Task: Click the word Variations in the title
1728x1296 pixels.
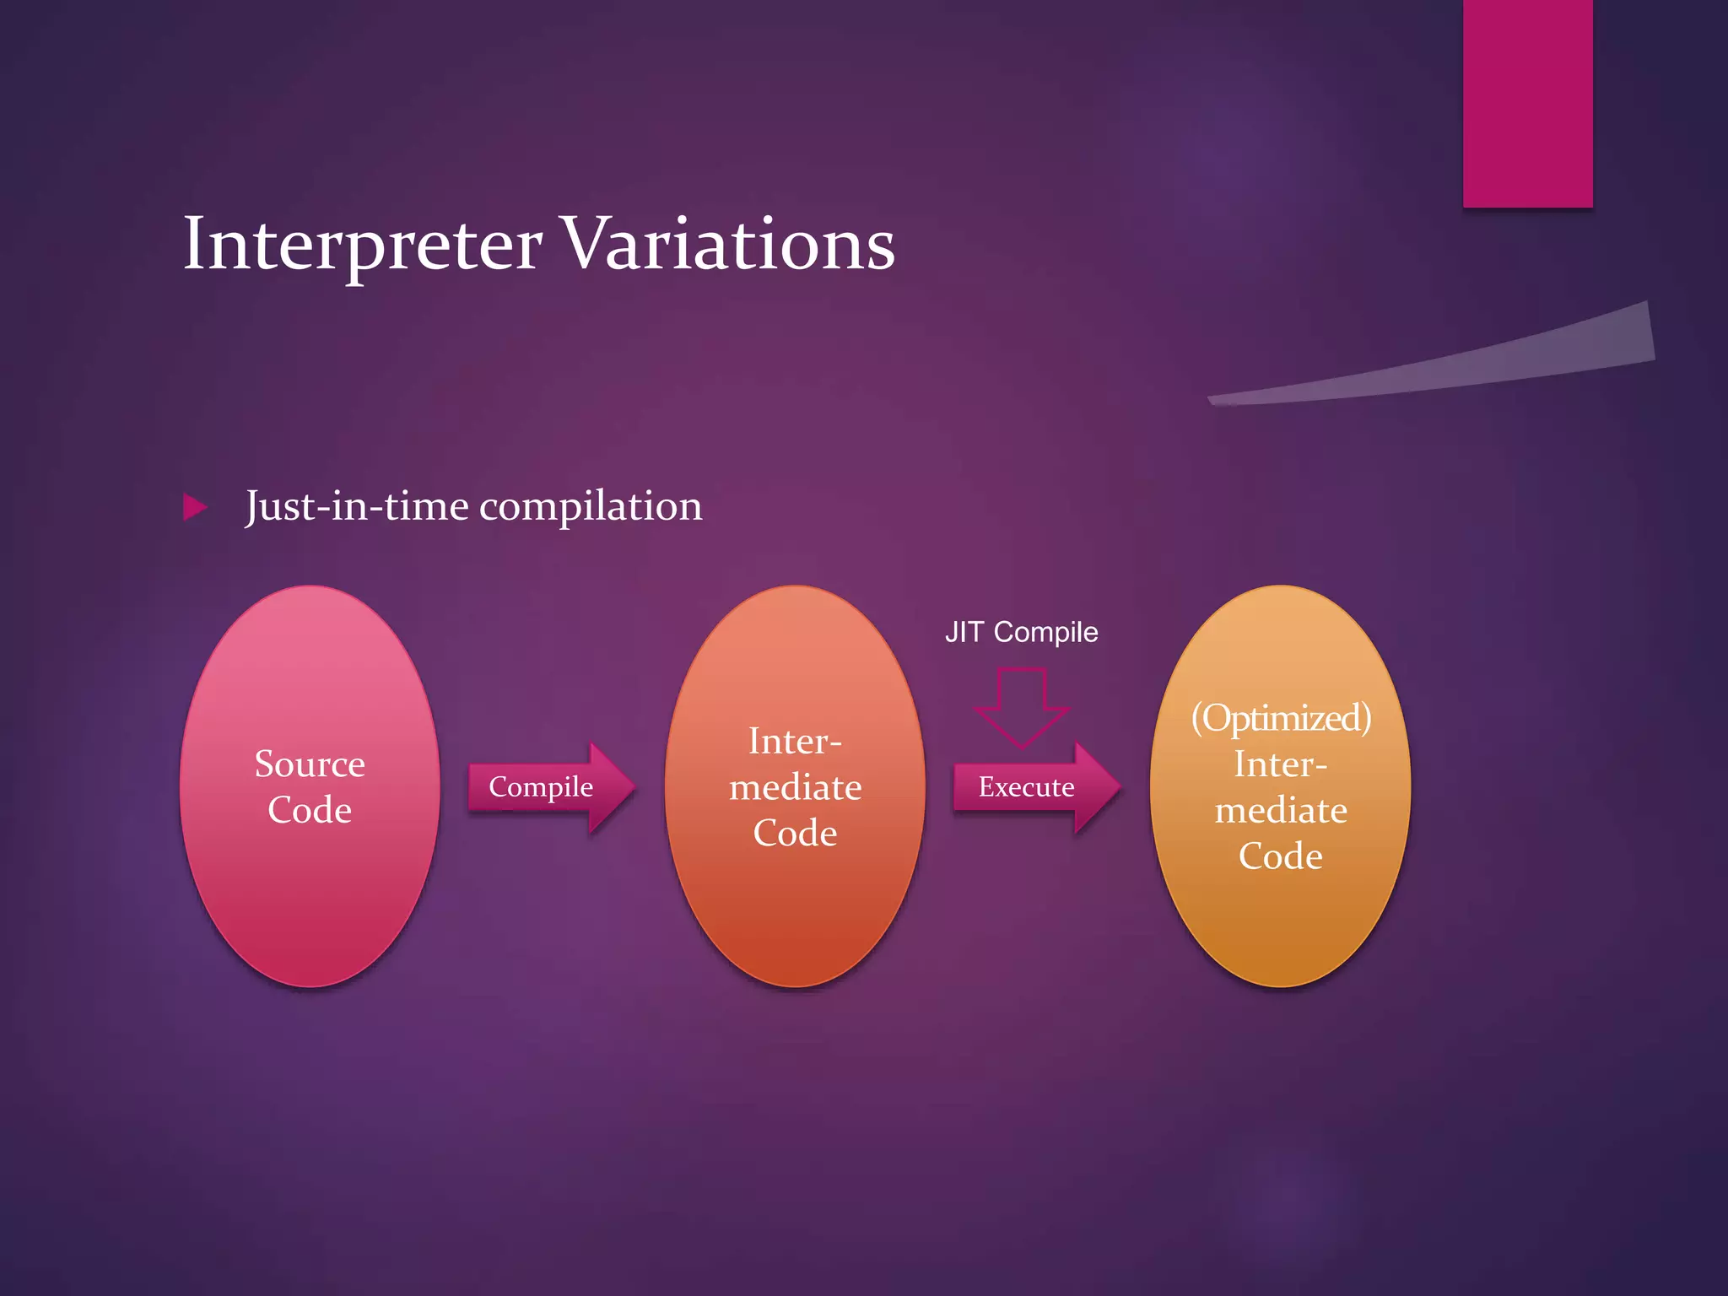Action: (x=727, y=245)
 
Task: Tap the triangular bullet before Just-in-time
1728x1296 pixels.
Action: (x=195, y=507)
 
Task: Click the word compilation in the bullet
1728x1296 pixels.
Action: (x=590, y=507)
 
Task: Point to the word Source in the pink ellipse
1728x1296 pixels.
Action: (x=309, y=764)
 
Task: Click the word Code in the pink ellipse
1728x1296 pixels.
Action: (x=309, y=810)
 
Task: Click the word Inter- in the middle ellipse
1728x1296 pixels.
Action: (x=794, y=742)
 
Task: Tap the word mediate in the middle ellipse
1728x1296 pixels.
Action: (x=795, y=787)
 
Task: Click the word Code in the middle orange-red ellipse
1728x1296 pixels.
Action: (x=795, y=834)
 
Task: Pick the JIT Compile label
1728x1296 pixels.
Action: (x=1021, y=632)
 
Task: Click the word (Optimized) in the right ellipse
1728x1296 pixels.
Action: (x=1280, y=718)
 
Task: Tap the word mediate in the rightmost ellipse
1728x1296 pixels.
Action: (x=1280, y=810)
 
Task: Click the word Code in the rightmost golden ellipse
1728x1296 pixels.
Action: (x=1280, y=856)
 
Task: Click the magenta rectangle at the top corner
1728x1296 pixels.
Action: (x=1527, y=101)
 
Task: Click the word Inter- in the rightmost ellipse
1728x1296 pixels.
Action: (x=1280, y=764)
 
